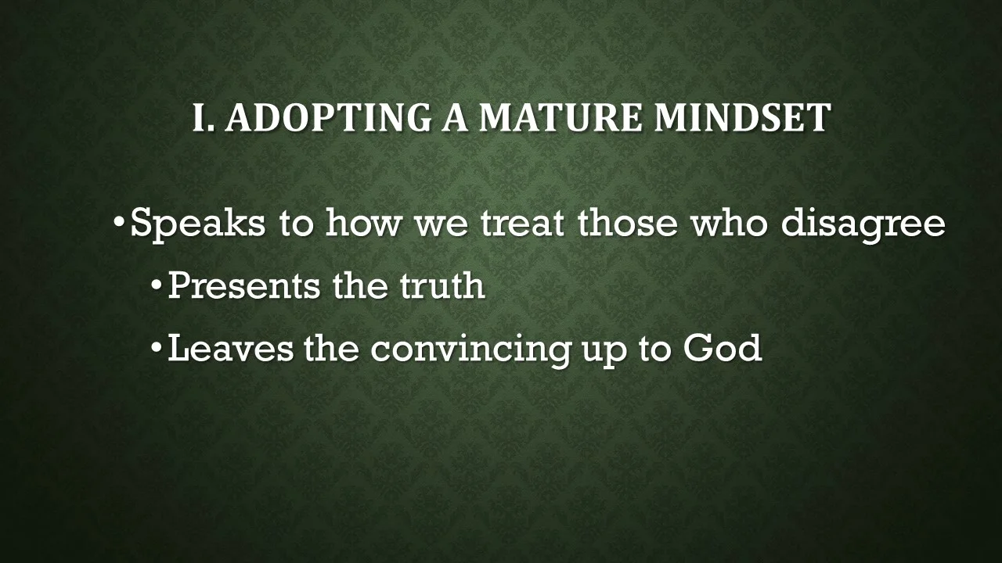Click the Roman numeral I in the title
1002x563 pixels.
coord(200,118)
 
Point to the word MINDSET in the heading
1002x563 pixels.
coord(742,118)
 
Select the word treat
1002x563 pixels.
coord(524,223)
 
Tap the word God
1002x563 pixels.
coord(722,349)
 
